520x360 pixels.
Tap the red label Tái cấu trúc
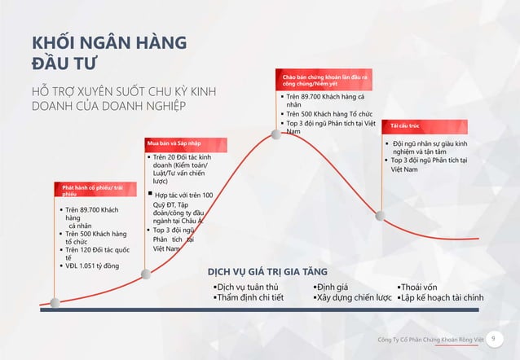(x=405, y=126)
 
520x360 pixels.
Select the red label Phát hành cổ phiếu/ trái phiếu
(x=90, y=191)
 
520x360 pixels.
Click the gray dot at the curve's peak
(x=276, y=134)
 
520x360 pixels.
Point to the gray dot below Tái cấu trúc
(x=379, y=215)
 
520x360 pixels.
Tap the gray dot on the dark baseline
(x=55, y=303)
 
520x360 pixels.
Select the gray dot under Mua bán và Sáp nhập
(x=146, y=274)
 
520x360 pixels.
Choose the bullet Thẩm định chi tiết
(x=249, y=298)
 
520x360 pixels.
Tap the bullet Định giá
(x=333, y=287)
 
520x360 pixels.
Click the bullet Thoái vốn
(x=420, y=287)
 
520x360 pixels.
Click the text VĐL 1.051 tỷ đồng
(x=92, y=266)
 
